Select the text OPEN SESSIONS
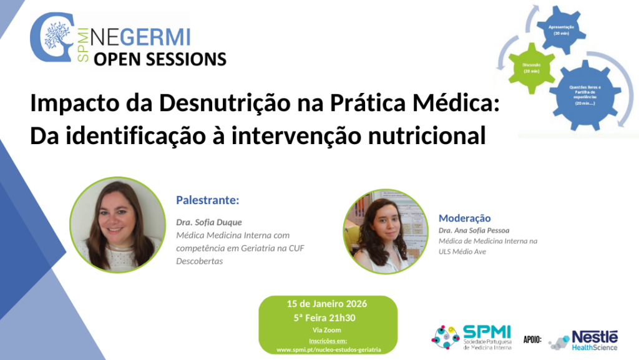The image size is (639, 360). point(159,59)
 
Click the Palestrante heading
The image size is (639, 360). point(208,200)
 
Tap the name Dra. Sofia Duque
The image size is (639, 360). point(208,222)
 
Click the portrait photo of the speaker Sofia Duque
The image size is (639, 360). point(117,225)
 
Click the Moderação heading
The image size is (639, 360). point(464,218)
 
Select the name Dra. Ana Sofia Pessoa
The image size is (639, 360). point(474,230)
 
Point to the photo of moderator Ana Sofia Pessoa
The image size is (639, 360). point(386,231)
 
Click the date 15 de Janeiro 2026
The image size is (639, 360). point(327,304)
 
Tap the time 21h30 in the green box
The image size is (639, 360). point(342,318)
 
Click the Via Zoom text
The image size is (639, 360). point(328,329)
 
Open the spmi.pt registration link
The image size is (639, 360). point(328,349)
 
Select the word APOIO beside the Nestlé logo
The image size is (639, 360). point(532,341)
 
